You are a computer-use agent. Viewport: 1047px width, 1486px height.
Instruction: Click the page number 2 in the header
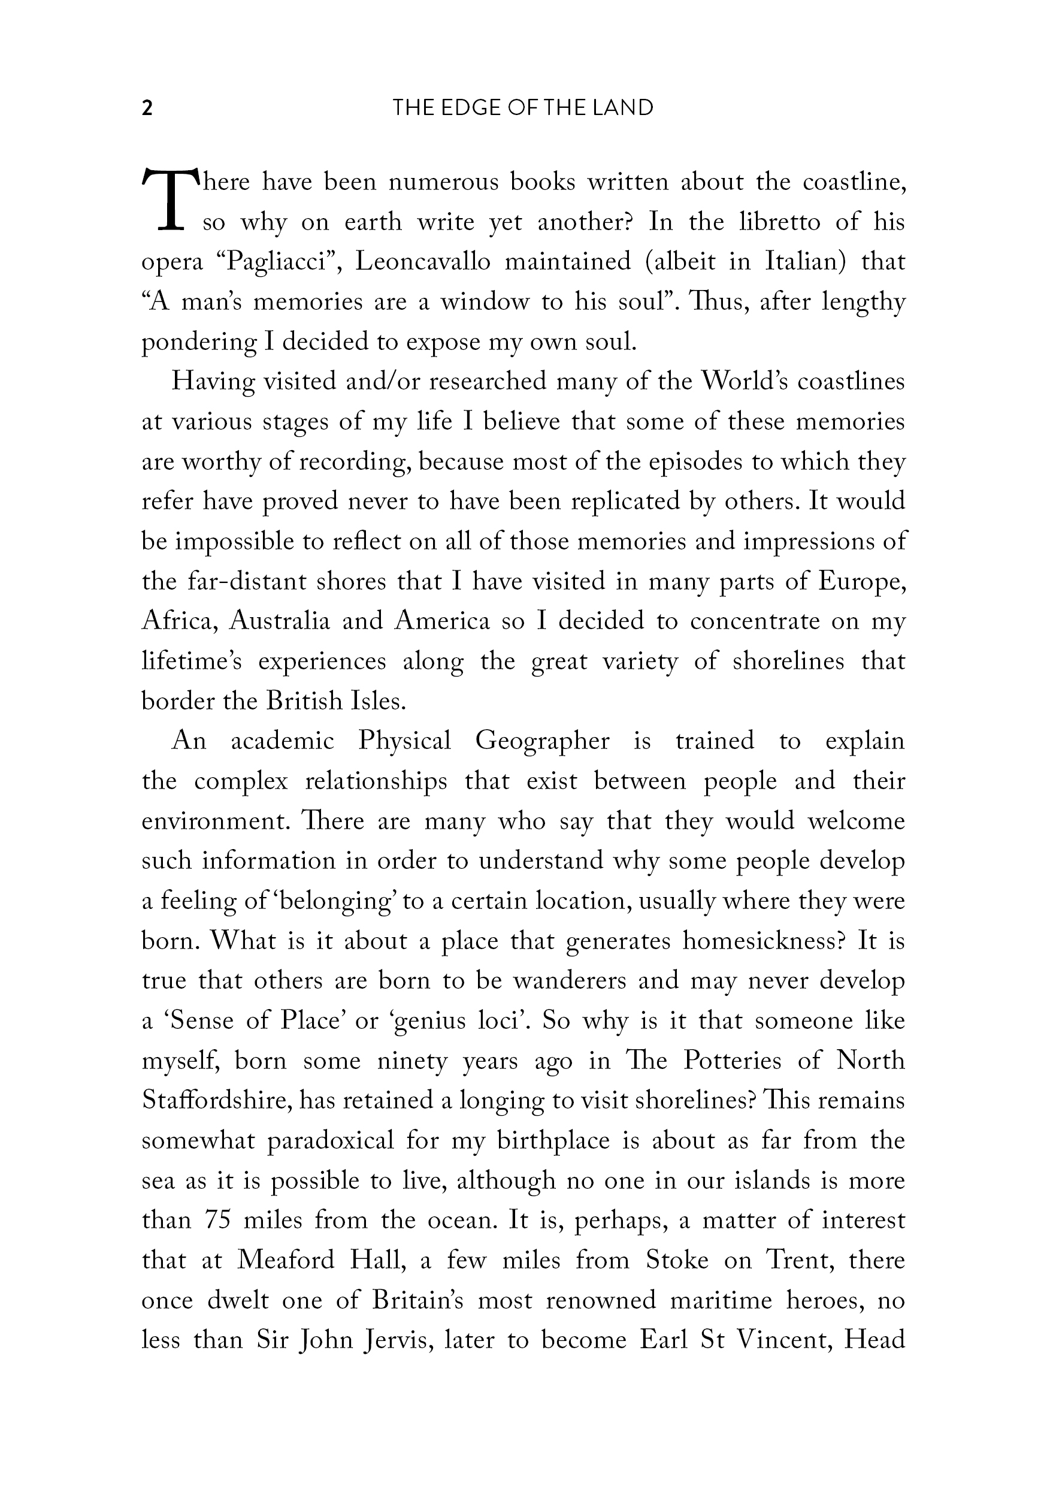[x=147, y=108]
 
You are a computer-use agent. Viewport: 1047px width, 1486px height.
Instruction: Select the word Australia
[x=280, y=621]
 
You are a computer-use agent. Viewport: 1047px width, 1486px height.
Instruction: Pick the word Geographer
[x=542, y=741]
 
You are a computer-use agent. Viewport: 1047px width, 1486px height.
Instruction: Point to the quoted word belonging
[x=337, y=901]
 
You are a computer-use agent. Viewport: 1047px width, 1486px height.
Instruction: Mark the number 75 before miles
[x=218, y=1221]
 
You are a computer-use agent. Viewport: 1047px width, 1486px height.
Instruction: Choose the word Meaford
[x=285, y=1261]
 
